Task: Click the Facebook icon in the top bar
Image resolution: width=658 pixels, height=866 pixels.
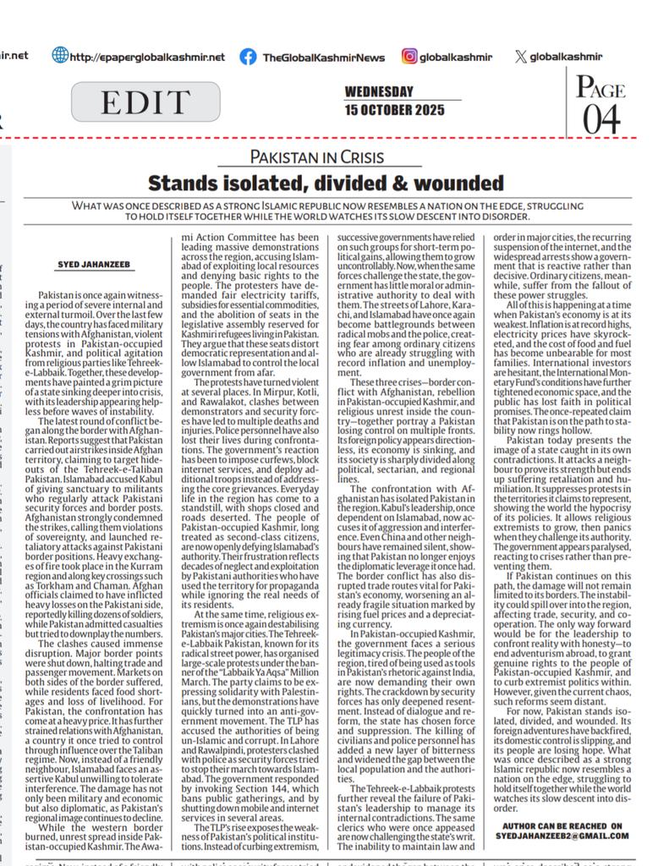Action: (248, 57)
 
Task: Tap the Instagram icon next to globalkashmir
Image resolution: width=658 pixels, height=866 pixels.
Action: (409, 57)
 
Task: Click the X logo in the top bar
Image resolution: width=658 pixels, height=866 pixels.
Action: (519, 57)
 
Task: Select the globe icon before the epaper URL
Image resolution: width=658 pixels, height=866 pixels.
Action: (60, 56)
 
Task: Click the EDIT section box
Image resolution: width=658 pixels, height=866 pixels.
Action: (134, 101)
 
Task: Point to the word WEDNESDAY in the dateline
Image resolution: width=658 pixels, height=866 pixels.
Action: (379, 92)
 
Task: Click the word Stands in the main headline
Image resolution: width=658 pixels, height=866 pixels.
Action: (182, 182)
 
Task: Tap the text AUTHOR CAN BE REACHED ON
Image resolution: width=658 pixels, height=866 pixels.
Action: (562, 832)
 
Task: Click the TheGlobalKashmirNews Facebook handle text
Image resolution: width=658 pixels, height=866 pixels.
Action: (323, 58)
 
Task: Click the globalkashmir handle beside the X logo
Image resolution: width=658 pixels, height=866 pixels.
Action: (566, 57)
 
